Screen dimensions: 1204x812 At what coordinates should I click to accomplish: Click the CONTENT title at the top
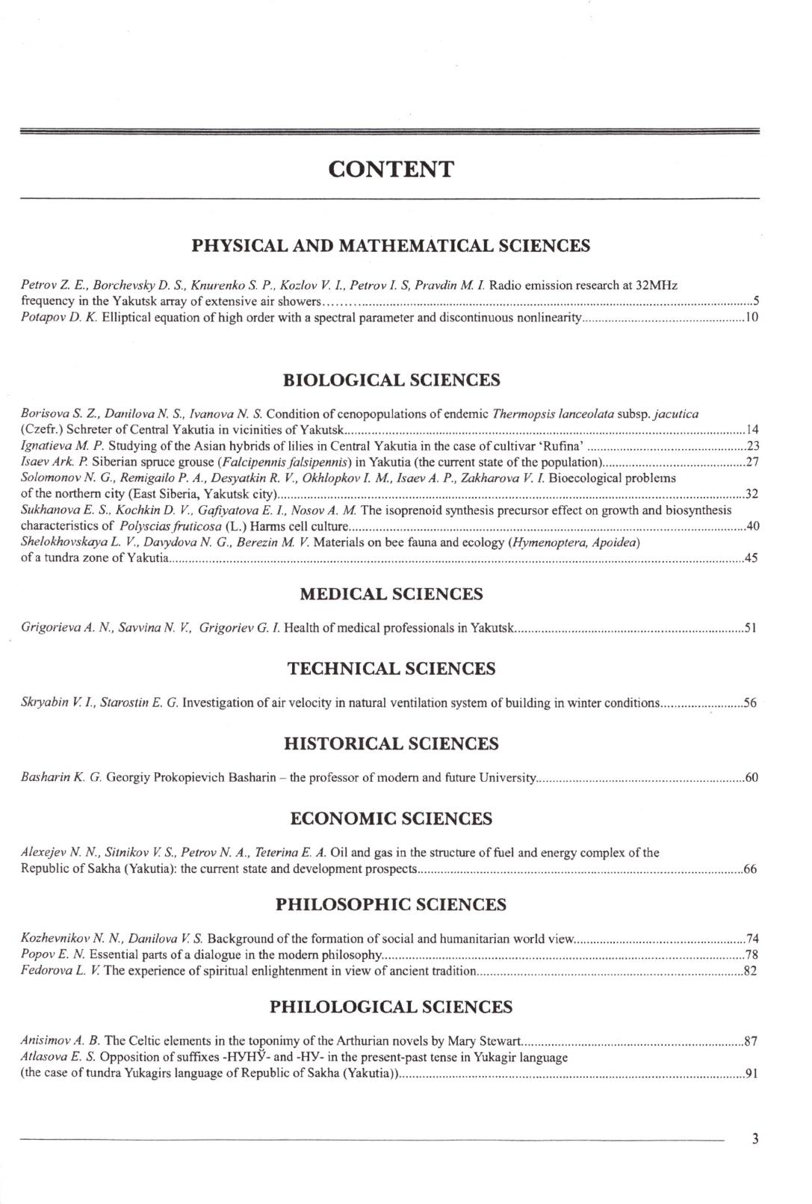[x=391, y=170]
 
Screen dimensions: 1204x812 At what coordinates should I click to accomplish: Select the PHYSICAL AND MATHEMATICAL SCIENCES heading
[x=391, y=246]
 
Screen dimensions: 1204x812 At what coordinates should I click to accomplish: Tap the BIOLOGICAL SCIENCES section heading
[x=391, y=380]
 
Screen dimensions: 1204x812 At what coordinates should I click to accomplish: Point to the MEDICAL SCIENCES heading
[x=391, y=594]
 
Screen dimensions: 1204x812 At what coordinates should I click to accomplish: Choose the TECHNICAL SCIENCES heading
[x=391, y=669]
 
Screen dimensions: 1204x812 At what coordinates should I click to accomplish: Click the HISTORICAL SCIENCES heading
[x=391, y=744]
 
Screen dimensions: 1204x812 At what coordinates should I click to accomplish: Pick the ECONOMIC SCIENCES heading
[x=391, y=819]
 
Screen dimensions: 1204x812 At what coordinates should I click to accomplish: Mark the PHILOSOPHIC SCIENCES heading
[x=391, y=905]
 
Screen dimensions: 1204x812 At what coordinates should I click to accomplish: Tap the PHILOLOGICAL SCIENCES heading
[x=391, y=1007]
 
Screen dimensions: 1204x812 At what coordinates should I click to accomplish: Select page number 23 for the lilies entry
[x=752, y=446]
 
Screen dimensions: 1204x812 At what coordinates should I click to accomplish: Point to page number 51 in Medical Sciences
[x=751, y=629]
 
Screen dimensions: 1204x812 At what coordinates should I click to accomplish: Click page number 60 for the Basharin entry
[x=751, y=778]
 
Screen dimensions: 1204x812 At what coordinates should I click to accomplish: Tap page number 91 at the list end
[x=752, y=1075]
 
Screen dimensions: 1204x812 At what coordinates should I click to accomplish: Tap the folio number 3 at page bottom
[x=755, y=1140]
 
